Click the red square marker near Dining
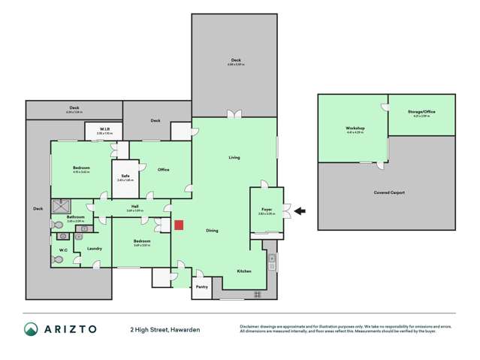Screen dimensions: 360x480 point(179,224)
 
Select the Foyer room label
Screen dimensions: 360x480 point(266,209)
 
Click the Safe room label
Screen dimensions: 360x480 point(125,176)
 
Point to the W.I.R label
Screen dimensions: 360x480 point(104,129)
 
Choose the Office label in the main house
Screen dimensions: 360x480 point(163,170)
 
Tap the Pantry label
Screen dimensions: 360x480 point(201,286)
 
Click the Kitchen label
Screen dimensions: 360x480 point(244,271)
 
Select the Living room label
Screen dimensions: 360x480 point(234,157)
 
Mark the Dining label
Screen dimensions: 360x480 point(212,230)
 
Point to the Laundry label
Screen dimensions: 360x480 point(94,248)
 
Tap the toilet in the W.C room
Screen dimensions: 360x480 point(59,259)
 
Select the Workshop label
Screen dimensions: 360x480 point(355,129)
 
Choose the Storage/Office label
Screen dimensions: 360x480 point(424,112)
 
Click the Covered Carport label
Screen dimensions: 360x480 point(389,192)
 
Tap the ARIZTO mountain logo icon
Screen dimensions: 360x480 point(31,329)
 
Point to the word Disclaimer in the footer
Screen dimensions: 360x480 point(250,326)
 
